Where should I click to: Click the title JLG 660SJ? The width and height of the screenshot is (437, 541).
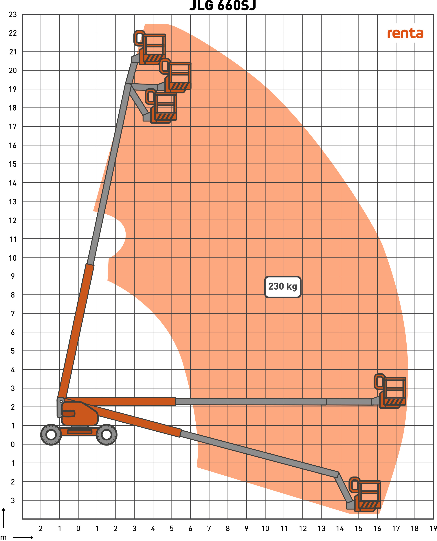click(x=223, y=5)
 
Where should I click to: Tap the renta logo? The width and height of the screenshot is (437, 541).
click(x=405, y=34)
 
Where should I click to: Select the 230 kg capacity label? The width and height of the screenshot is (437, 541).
click(x=283, y=287)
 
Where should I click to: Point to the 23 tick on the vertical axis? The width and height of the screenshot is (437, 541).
click(x=13, y=15)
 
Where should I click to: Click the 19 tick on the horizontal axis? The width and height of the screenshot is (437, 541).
click(x=433, y=528)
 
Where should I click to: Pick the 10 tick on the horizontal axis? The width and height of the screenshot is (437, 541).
click(x=265, y=528)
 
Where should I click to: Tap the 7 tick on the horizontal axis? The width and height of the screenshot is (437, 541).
click(x=209, y=528)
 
